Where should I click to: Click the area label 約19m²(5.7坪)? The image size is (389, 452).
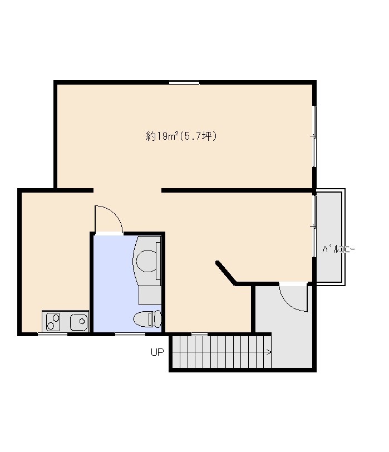(x=181, y=136)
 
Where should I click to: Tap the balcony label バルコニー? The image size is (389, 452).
(x=338, y=249)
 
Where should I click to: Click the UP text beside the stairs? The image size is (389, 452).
(x=157, y=352)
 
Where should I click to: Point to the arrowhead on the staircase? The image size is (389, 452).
(x=269, y=352)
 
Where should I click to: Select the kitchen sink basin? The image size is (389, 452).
(x=79, y=321)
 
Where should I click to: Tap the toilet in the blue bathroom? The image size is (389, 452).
(x=147, y=318)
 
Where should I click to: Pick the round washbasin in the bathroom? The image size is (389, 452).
(x=146, y=261)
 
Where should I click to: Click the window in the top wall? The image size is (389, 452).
(x=184, y=82)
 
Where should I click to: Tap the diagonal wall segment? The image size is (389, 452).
(x=225, y=272)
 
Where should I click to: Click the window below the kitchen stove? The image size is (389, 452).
(x=52, y=334)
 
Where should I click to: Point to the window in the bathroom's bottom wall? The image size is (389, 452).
(x=130, y=334)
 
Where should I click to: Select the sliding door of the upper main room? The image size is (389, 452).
(x=314, y=136)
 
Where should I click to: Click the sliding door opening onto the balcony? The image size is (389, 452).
(x=314, y=227)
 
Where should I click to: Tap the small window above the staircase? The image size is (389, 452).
(x=199, y=334)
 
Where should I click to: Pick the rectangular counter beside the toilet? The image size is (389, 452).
(x=150, y=295)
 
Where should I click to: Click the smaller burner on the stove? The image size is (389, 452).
(x=56, y=318)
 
